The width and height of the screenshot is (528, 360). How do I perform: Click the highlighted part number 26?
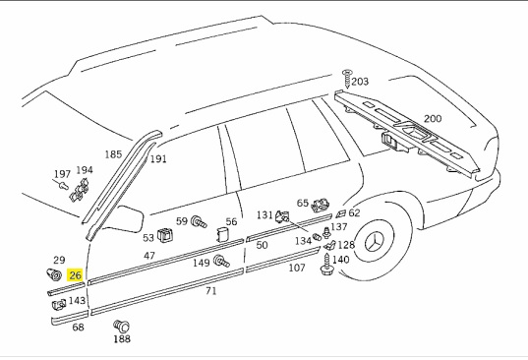tap(76, 276)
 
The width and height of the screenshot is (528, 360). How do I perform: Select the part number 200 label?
tap(432, 119)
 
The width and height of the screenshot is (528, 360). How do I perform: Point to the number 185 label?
tap(114, 154)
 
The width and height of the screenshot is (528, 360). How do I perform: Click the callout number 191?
tap(158, 158)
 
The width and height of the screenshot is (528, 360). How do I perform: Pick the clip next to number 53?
tap(165, 234)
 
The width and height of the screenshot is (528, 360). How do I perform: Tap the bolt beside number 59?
tap(197, 221)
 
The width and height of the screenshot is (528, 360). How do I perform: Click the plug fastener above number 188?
tap(122, 326)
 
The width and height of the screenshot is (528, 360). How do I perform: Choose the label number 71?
tap(210, 292)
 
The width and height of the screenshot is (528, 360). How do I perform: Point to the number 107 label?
tap(296, 268)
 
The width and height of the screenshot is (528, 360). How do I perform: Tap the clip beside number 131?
tap(282, 215)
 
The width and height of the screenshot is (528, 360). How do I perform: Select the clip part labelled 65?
tap(321, 206)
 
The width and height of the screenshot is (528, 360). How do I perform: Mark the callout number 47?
tap(149, 256)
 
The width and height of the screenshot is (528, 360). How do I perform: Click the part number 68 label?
tap(79, 328)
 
